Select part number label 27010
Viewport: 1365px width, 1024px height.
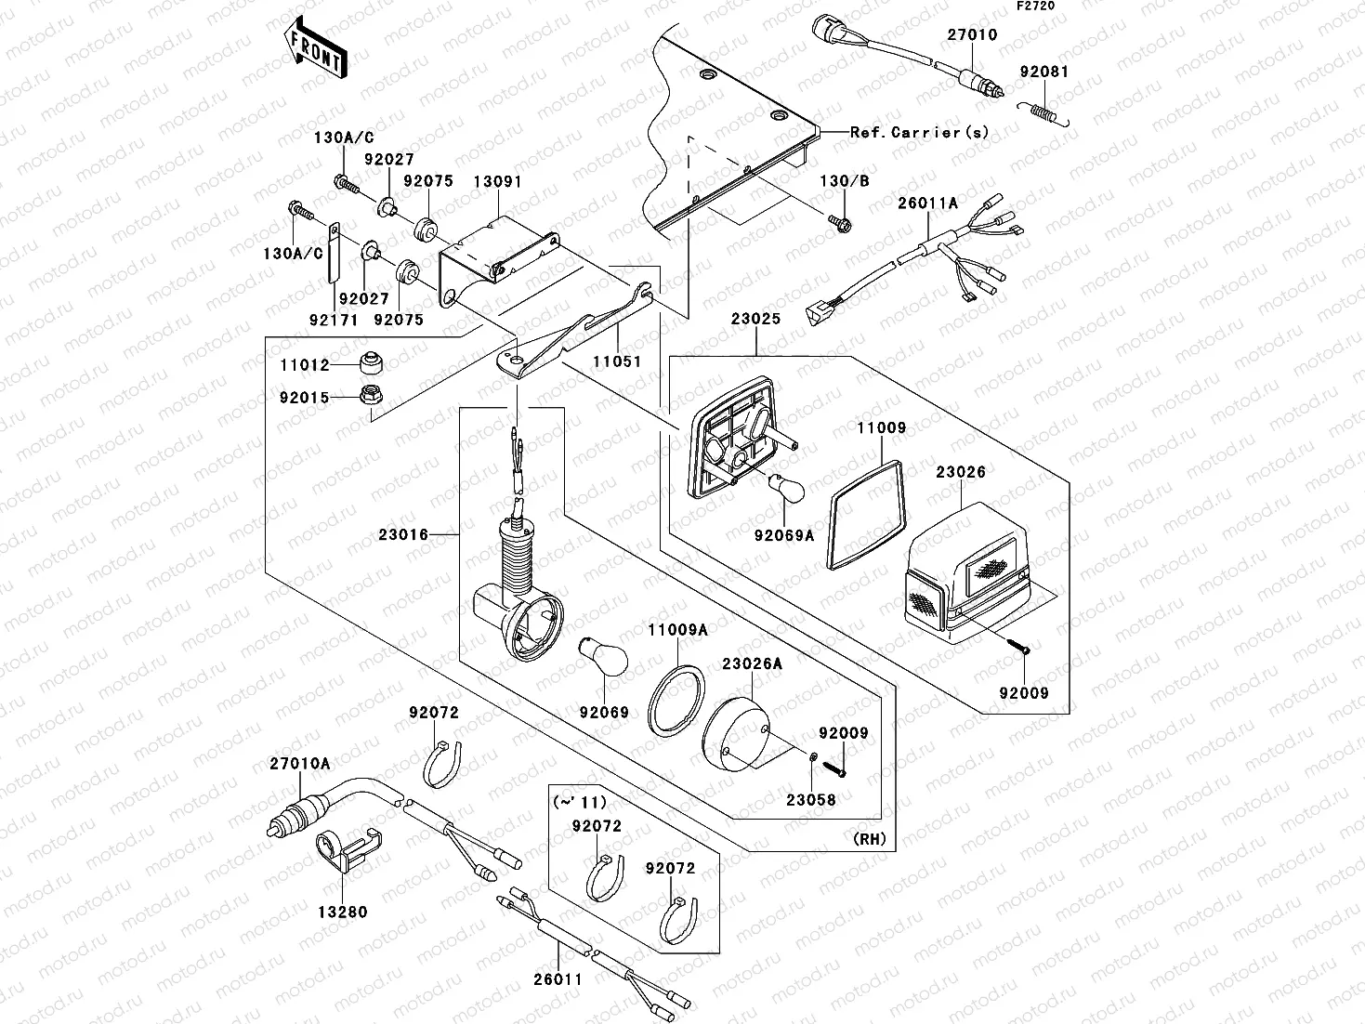click(x=972, y=35)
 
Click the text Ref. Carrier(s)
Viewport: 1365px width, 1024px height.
click(x=920, y=132)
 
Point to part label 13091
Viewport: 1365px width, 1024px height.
click(x=497, y=182)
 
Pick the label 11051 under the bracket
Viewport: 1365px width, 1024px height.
click(x=617, y=361)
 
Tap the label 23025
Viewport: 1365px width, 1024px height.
click(x=755, y=319)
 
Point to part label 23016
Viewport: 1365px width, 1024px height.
click(x=403, y=534)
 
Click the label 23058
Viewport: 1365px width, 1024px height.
click(x=810, y=799)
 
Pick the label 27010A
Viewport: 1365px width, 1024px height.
click(x=299, y=763)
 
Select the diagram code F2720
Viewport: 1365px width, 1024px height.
click(x=1035, y=7)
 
